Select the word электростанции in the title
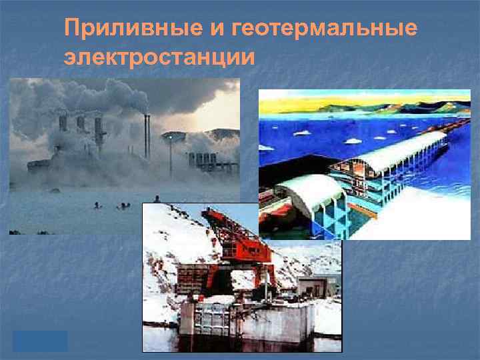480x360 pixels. coord(159,57)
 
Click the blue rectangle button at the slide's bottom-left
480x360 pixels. coord(40,341)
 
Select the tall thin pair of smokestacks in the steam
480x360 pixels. coord(147,133)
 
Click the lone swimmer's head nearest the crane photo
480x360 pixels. coord(156,199)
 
